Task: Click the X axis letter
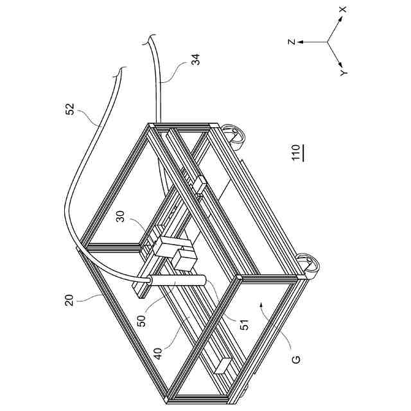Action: [343, 10]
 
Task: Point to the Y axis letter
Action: [344, 74]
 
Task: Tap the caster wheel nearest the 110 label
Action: [311, 266]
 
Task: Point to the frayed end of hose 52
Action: [119, 73]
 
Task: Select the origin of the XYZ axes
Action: [328, 42]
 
